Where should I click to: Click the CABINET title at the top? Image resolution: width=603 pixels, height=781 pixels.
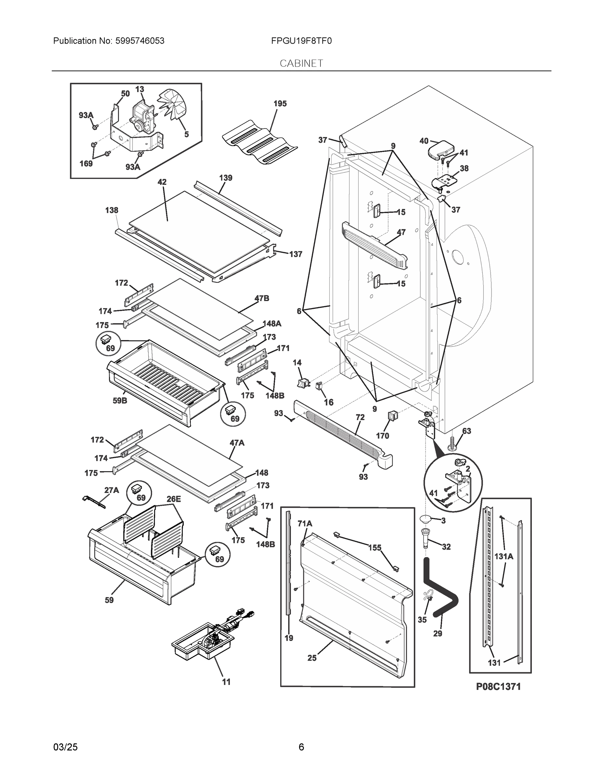pyautogui.click(x=301, y=63)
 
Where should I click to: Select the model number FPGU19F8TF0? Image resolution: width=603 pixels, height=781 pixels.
pyautogui.click(x=301, y=41)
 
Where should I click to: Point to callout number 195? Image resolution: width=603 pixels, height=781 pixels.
pyautogui.click(x=280, y=104)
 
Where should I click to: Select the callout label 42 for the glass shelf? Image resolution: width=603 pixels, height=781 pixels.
pyautogui.click(x=162, y=182)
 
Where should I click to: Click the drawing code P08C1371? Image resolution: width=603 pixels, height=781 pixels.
pyautogui.click(x=498, y=687)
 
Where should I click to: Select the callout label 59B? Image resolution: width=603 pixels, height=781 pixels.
pyautogui.click(x=120, y=401)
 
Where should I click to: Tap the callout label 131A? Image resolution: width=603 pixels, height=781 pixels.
pyautogui.click(x=504, y=556)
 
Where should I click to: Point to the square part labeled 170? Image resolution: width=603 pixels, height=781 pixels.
pyautogui.click(x=393, y=416)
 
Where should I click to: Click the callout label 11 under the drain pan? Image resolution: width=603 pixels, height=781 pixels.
pyautogui.click(x=226, y=682)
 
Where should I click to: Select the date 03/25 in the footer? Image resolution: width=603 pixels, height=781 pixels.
pyautogui.click(x=65, y=747)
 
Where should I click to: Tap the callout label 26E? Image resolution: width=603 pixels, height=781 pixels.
pyautogui.click(x=174, y=499)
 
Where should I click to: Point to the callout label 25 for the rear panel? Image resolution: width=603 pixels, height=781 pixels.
pyautogui.click(x=312, y=658)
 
